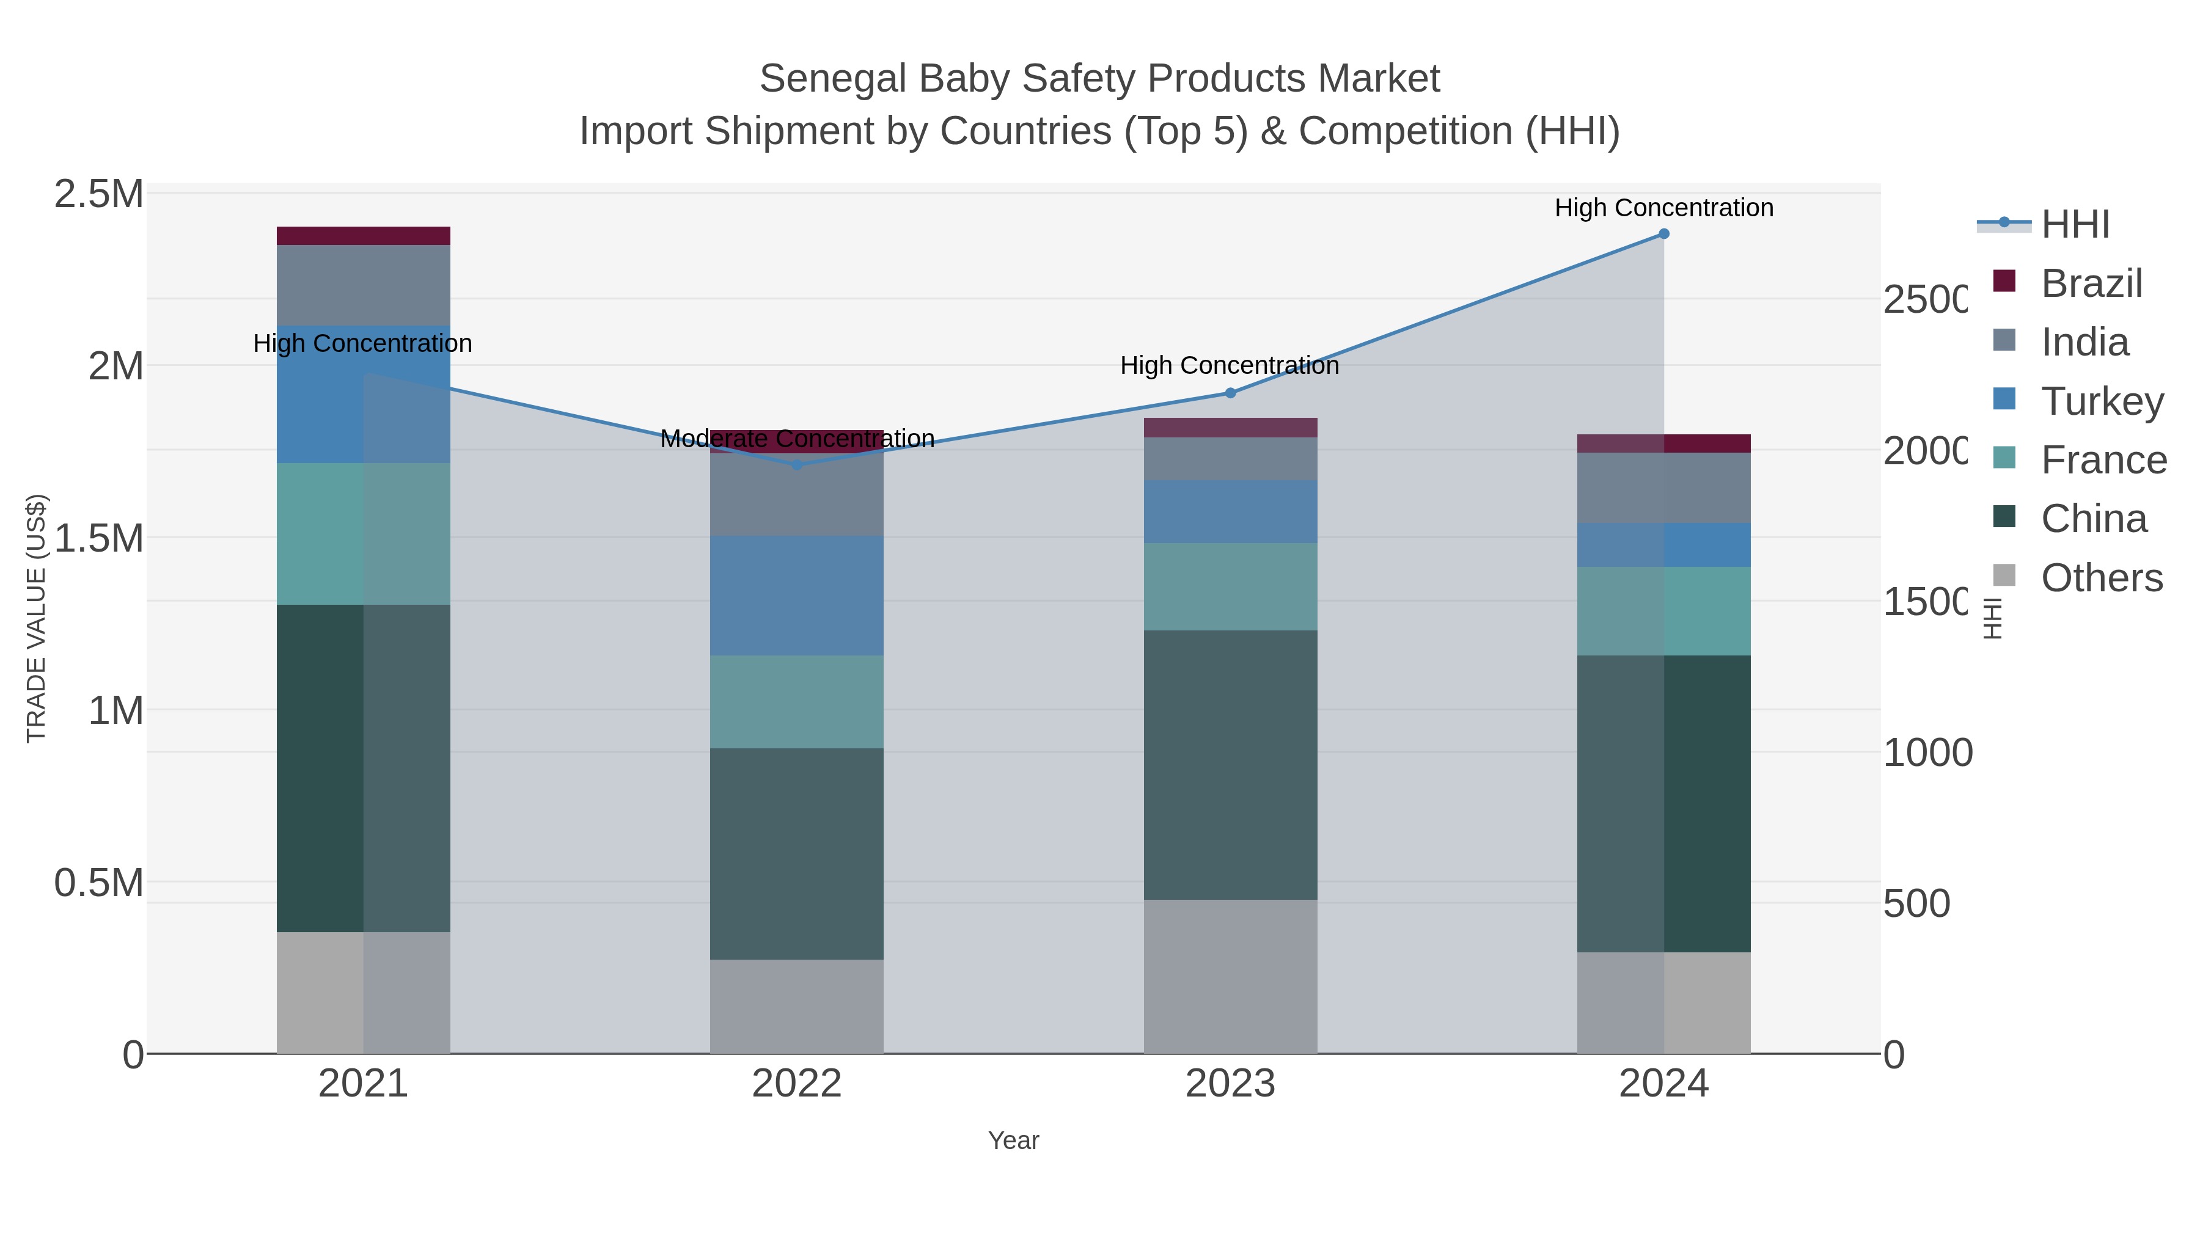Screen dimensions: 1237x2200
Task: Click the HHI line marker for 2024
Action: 1663,234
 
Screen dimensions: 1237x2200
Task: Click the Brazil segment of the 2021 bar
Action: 364,236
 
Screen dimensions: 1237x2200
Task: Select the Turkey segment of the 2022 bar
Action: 797,596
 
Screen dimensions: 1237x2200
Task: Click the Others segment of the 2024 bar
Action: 1663,1002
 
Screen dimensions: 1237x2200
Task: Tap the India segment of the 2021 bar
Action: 364,285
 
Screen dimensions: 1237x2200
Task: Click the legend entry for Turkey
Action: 2102,401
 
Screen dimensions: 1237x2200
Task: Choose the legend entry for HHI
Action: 2075,225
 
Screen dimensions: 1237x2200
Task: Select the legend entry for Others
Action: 2101,578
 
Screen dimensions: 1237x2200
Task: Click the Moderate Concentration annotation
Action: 797,439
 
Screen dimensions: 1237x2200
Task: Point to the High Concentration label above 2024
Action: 1663,208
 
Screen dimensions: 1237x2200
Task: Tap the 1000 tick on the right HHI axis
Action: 1927,753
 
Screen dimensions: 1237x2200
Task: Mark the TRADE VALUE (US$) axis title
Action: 36,618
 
